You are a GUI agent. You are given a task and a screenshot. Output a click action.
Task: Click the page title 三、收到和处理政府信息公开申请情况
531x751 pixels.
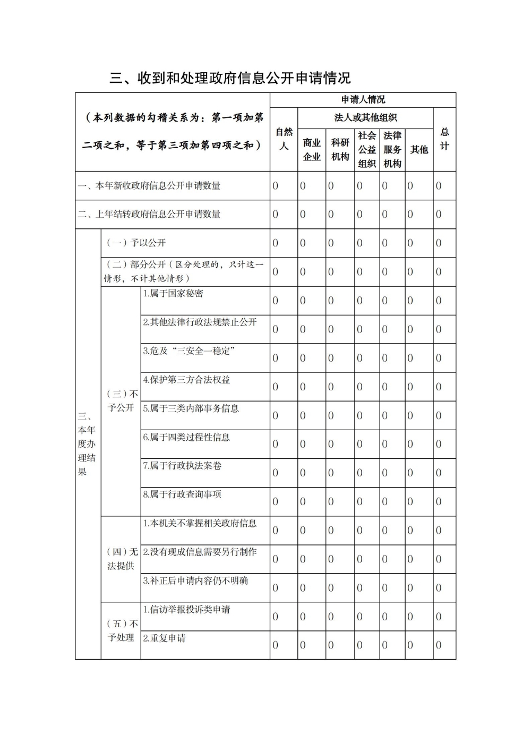(230, 78)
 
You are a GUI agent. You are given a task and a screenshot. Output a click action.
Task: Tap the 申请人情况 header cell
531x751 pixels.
(363, 100)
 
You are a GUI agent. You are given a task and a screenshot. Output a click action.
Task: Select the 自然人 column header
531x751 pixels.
(284, 139)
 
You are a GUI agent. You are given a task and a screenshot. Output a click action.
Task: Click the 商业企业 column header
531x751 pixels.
(312, 150)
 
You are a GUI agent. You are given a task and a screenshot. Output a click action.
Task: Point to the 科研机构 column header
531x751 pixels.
(340, 150)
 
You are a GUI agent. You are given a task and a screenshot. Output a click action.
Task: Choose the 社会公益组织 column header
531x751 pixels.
(367, 150)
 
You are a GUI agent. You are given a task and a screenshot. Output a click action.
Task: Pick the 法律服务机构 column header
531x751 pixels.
(392, 150)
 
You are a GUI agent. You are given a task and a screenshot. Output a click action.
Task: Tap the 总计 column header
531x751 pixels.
(444, 139)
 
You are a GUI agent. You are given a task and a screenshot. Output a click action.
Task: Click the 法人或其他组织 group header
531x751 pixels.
(365, 118)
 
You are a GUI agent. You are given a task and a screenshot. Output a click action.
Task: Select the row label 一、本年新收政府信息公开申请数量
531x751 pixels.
(149, 186)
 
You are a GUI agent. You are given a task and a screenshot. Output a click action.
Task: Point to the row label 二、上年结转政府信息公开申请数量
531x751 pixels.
(149, 215)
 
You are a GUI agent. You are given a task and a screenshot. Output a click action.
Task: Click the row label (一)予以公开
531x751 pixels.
(136, 243)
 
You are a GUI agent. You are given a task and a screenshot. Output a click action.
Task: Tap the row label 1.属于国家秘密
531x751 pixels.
(173, 294)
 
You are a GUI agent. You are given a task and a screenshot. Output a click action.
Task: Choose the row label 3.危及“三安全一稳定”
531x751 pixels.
(189, 351)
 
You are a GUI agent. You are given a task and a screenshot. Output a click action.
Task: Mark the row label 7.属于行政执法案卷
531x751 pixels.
(182, 466)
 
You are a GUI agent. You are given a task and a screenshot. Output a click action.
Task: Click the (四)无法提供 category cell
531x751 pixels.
(122, 559)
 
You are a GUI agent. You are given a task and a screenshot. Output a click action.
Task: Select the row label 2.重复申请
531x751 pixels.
(165, 638)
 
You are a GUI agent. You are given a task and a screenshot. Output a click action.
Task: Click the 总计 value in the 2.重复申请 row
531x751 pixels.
(439, 645)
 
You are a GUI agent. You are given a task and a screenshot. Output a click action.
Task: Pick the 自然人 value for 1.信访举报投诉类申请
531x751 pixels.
(275, 617)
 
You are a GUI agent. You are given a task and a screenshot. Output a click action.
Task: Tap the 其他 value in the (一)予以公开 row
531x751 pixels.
(410, 243)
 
